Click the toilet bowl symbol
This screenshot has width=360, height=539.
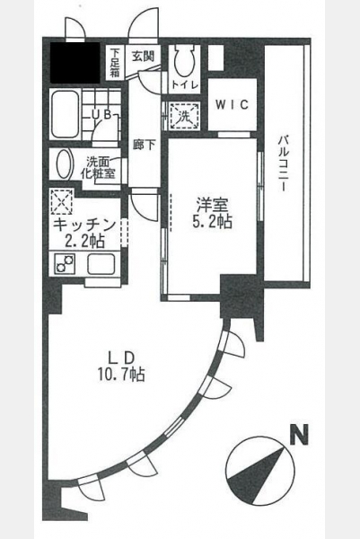click(x=184, y=61)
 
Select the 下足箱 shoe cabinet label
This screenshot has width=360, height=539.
click(x=115, y=62)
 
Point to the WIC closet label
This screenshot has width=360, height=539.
click(x=233, y=104)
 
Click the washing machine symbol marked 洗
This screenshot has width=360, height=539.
click(x=184, y=116)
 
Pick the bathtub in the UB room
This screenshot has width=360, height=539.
click(x=66, y=114)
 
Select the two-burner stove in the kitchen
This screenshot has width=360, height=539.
click(x=66, y=263)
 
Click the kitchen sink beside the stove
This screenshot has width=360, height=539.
click(x=101, y=264)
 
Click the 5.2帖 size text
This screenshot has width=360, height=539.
click(x=212, y=223)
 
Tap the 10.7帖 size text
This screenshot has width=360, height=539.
click(x=121, y=374)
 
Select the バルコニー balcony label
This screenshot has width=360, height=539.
click(x=283, y=163)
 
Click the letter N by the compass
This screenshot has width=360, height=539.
click(x=299, y=436)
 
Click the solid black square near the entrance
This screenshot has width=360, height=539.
click(x=75, y=63)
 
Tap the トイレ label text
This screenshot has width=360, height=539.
click(x=185, y=85)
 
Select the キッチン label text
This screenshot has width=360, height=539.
click(x=84, y=225)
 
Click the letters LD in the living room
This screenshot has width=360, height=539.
click(x=121, y=358)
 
